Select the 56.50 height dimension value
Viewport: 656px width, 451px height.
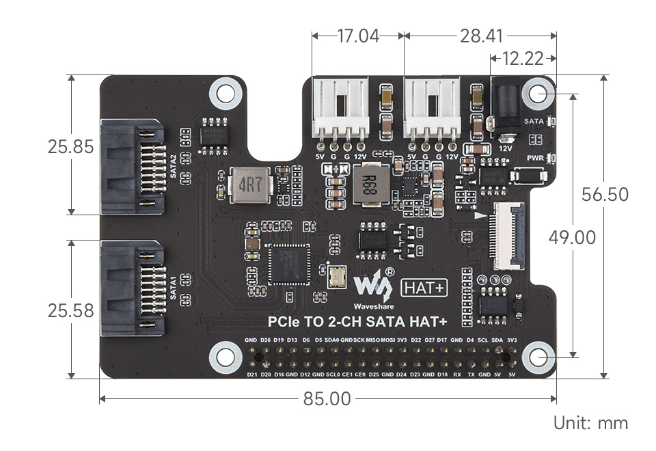(x=604, y=195)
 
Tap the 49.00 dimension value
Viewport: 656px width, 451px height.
(x=572, y=238)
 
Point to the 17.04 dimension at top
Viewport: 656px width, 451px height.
(x=357, y=36)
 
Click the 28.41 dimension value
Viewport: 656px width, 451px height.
(x=482, y=36)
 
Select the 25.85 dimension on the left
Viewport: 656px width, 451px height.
(x=70, y=146)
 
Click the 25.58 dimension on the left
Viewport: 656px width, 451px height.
(x=70, y=311)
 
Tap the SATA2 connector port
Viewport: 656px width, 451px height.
(x=133, y=167)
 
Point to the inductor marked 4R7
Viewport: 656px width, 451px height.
(x=251, y=185)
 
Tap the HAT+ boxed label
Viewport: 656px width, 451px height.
(x=424, y=288)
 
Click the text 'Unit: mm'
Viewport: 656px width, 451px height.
(x=590, y=423)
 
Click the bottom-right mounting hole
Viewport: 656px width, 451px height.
(x=539, y=357)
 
